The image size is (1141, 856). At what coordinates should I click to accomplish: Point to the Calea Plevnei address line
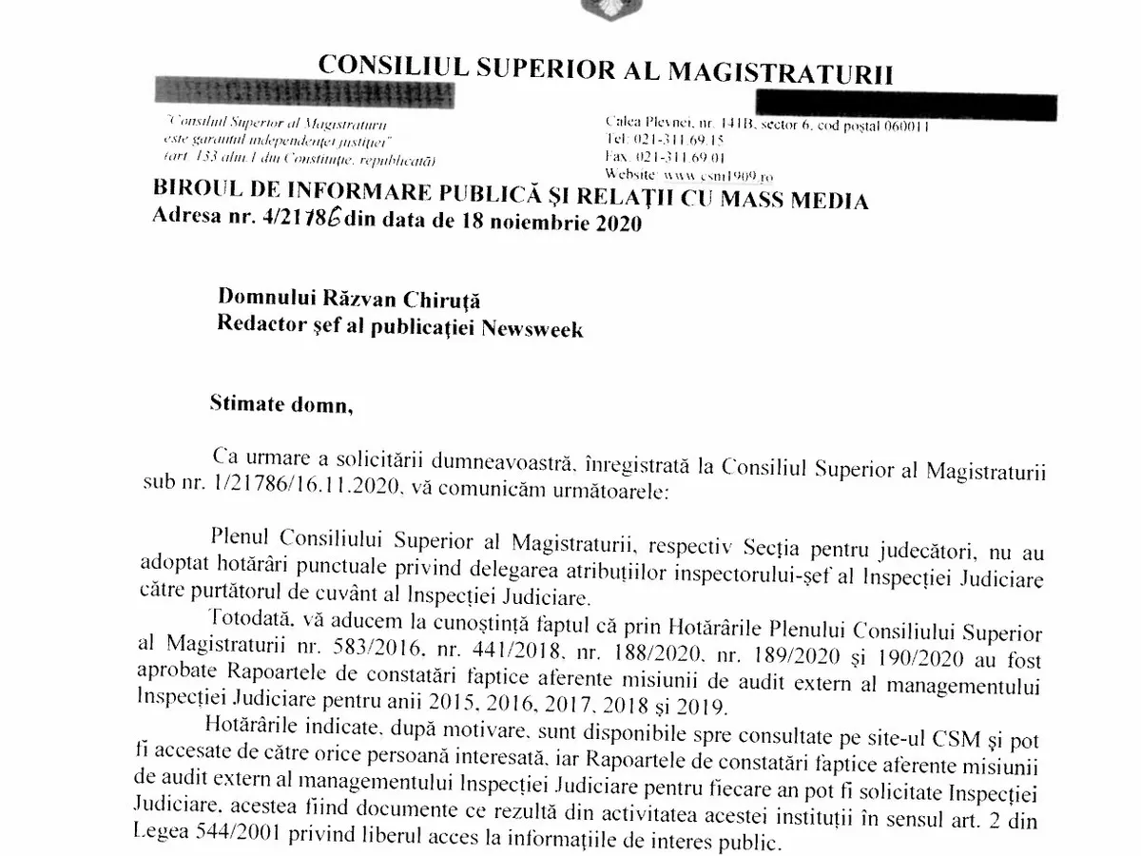point(766,125)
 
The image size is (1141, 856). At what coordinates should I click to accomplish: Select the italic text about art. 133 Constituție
point(299,156)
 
